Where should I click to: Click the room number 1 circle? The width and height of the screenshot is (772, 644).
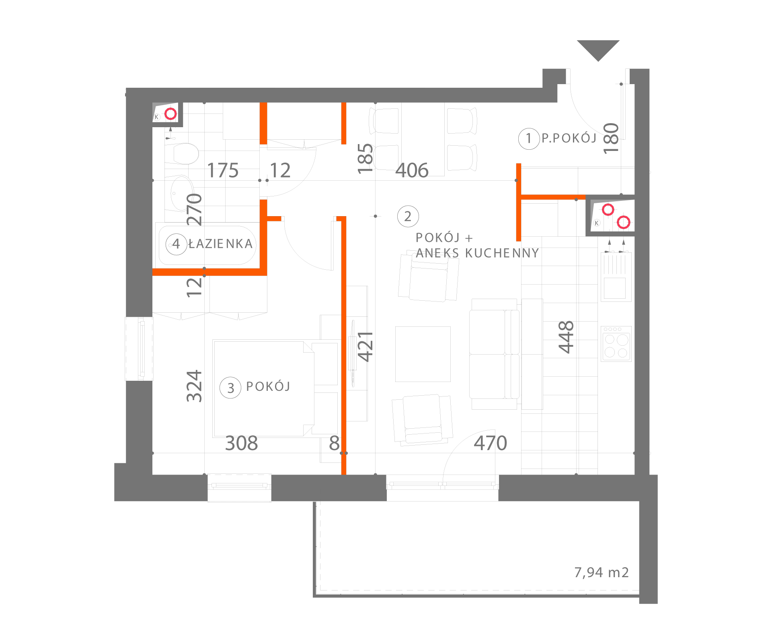(x=529, y=139)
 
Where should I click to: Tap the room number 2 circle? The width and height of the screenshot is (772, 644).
(x=408, y=217)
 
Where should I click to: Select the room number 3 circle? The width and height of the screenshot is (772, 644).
(x=230, y=388)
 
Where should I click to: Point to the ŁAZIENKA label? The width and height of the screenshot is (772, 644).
(x=220, y=244)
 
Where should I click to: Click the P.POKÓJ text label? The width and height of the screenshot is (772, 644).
(x=569, y=138)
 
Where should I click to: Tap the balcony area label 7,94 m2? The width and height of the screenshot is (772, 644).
(x=601, y=572)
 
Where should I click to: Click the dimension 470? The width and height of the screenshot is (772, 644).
(x=490, y=443)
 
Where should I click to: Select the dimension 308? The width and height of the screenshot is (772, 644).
(x=241, y=443)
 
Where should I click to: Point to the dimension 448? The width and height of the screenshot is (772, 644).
(x=566, y=337)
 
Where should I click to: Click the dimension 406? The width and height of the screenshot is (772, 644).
(x=412, y=171)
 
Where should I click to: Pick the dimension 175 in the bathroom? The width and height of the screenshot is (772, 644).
(x=223, y=171)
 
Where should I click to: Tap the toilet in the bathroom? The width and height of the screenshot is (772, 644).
(x=181, y=154)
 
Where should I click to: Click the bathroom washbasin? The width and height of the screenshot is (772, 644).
(x=179, y=193)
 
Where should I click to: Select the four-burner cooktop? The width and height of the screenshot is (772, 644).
(x=616, y=344)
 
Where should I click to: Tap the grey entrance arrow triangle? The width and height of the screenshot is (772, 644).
(x=598, y=49)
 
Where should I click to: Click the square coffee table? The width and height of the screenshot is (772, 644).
(x=423, y=354)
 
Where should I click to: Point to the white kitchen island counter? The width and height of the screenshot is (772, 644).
(x=532, y=354)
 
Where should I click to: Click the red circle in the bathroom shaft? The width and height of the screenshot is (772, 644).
(x=171, y=114)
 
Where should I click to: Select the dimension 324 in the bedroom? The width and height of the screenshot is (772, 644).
(x=195, y=386)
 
